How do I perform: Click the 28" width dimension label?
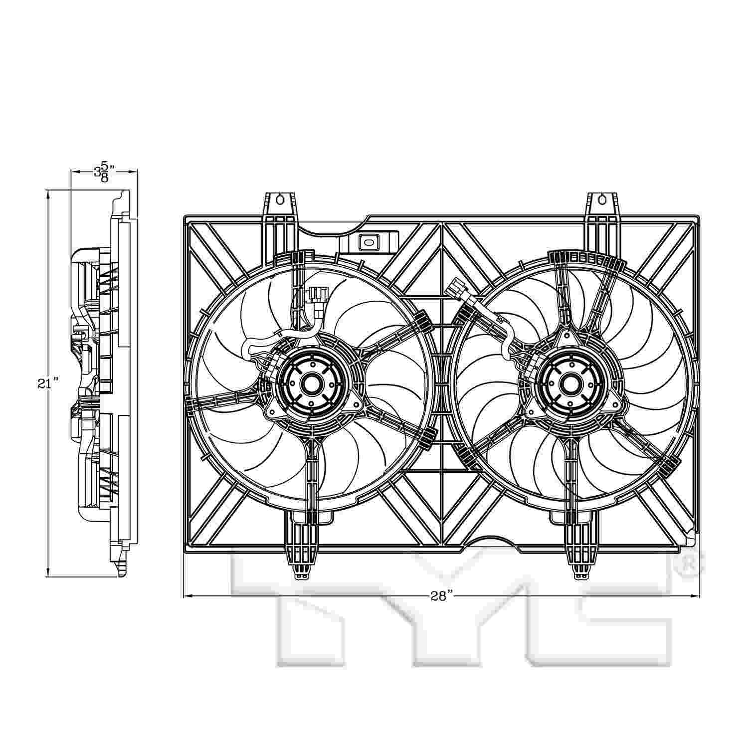[x=441, y=596]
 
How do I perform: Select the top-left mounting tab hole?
[x=280, y=200]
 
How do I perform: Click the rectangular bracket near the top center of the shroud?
[x=370, y=242]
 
